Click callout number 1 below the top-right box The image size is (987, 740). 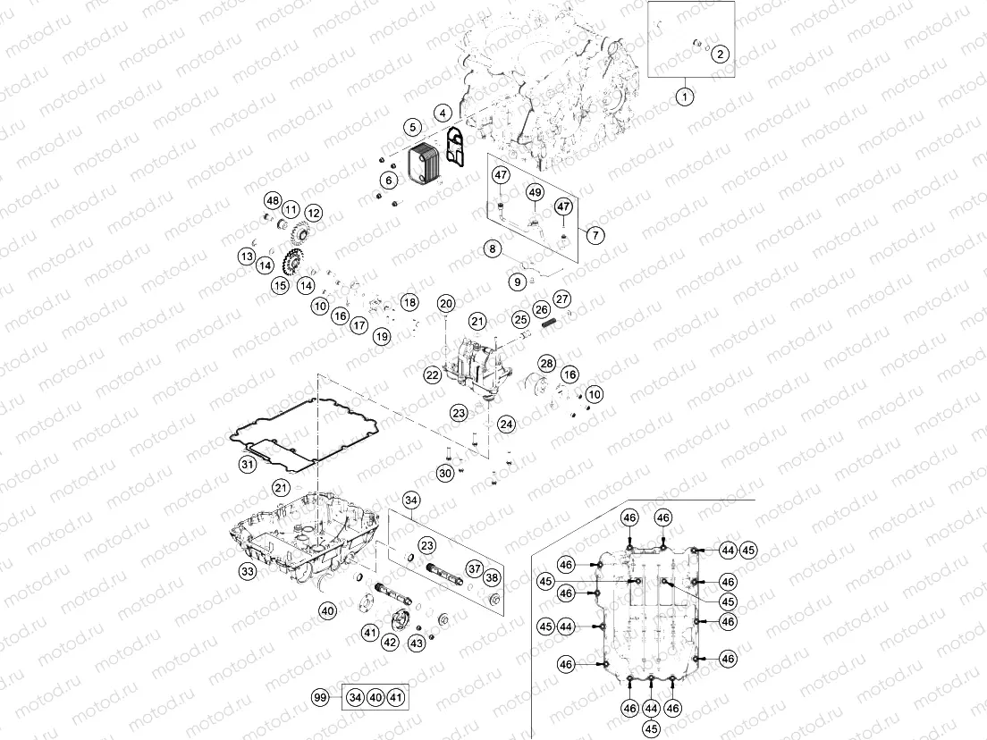[x=684, y=95]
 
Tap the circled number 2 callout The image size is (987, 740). [x=721, y=54]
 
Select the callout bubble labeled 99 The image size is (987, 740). [x=319, y=697]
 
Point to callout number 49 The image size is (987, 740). [x=535, y=192]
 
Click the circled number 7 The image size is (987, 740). [x=595, y=236]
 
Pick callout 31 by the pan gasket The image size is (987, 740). [x=247, y=464]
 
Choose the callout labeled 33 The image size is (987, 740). [x=248, y=569]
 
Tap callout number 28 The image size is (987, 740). [x=546, y=363]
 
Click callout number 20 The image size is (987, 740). [x=446, y=303]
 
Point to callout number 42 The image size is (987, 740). [x=391, y=642]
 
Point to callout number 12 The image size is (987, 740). [x=313, y=213]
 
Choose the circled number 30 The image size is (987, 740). [x=445, y=473]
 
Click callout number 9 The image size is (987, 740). [x=518, y=282]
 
